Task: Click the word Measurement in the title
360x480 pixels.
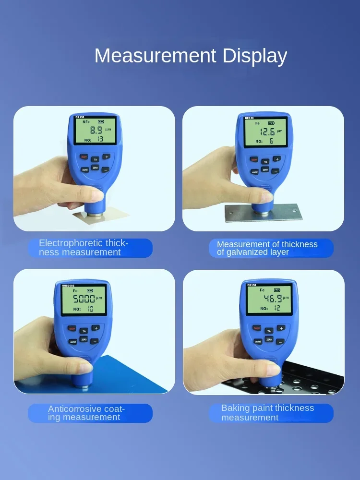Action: [x=156, y=56]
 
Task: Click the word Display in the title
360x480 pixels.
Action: [x=254, y=57]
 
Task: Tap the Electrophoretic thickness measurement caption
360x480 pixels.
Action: [x=90, y=248]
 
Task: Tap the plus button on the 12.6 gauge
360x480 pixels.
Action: [x=276, y=159]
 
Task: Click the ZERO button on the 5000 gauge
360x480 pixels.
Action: [x=84, y=339]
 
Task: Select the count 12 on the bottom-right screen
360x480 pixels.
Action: [x=277, y=308]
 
